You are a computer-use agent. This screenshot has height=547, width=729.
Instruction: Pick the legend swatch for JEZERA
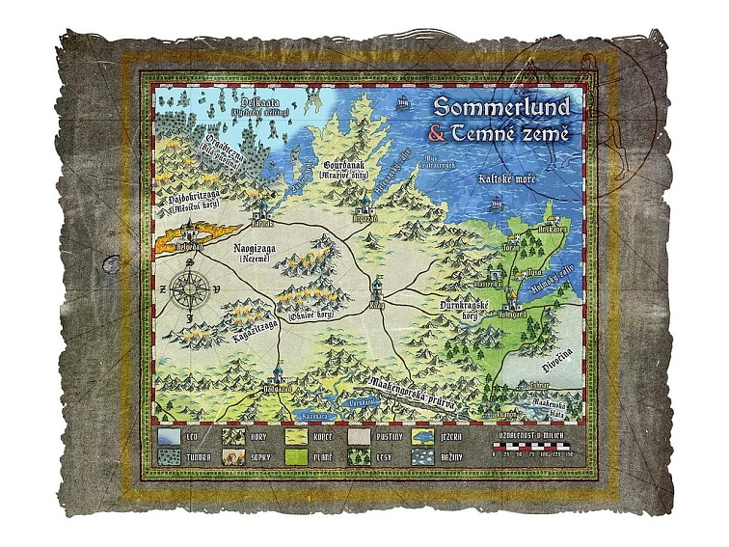(424, 435)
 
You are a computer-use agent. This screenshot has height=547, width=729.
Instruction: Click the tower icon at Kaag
(377, 286)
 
